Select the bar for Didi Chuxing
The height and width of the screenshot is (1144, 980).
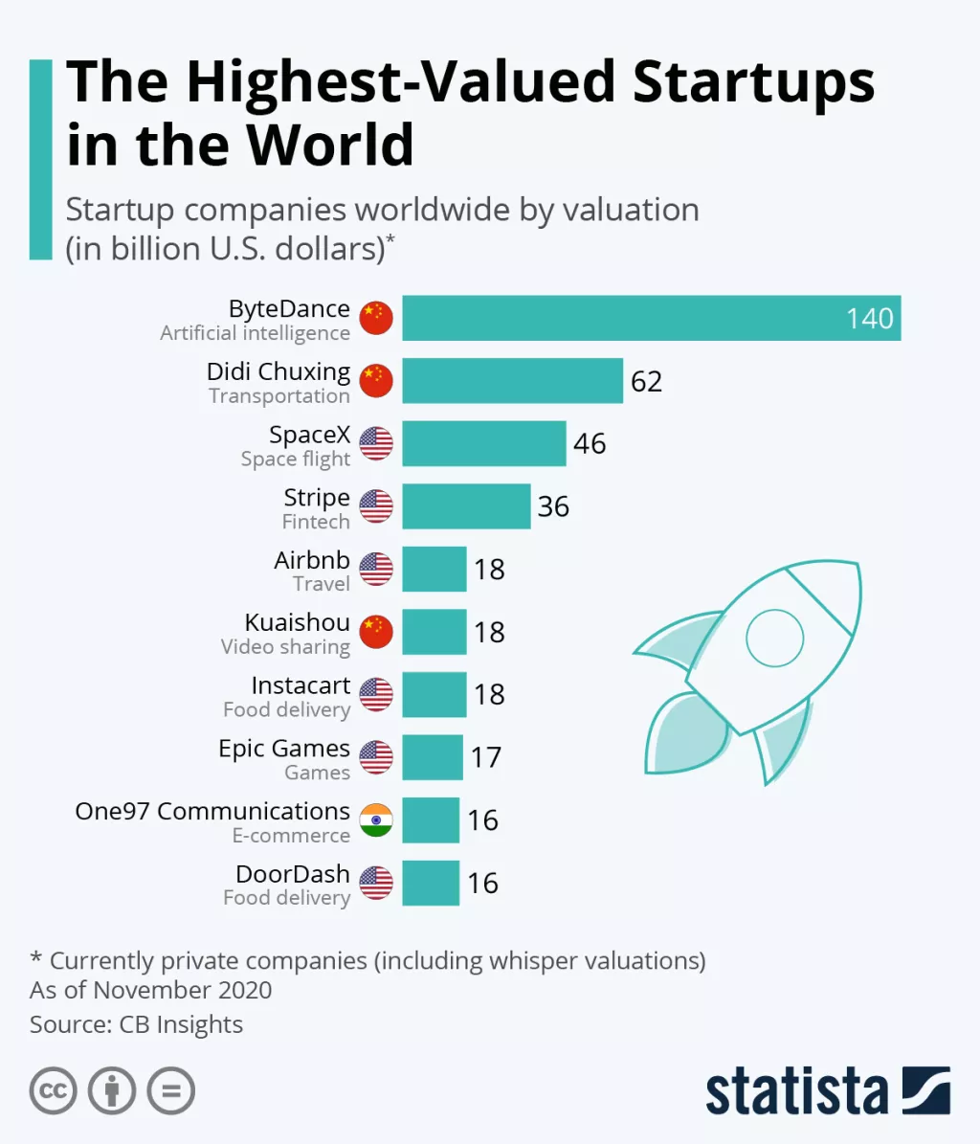[512, 381]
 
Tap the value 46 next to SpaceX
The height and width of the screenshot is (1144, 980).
[590, 443]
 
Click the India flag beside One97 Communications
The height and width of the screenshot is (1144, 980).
[376, 820]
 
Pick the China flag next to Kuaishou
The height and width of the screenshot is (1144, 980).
[376, 632]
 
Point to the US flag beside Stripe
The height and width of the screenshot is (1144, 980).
[376, 506]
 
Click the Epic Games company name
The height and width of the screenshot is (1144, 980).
[284, 749]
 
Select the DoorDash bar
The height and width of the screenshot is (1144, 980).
[431, 883]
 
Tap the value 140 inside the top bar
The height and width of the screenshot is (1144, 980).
[869, 318]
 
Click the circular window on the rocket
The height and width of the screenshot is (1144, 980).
[774, 637]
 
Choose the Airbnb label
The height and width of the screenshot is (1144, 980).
[312, 560]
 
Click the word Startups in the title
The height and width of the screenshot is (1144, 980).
[753, 82]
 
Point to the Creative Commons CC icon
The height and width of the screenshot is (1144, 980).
[53, 1090]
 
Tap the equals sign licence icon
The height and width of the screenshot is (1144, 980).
[171, 1090]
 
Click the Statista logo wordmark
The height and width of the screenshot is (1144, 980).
[796, 1090]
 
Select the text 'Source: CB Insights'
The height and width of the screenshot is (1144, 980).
[136, 1024]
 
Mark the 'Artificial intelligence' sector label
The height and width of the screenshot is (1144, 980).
[255, 333]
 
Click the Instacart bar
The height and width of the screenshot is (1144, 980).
[434, 694]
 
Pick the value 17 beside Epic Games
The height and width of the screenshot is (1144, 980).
[486, 757]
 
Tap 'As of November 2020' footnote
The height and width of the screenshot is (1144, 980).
[151, 990]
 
